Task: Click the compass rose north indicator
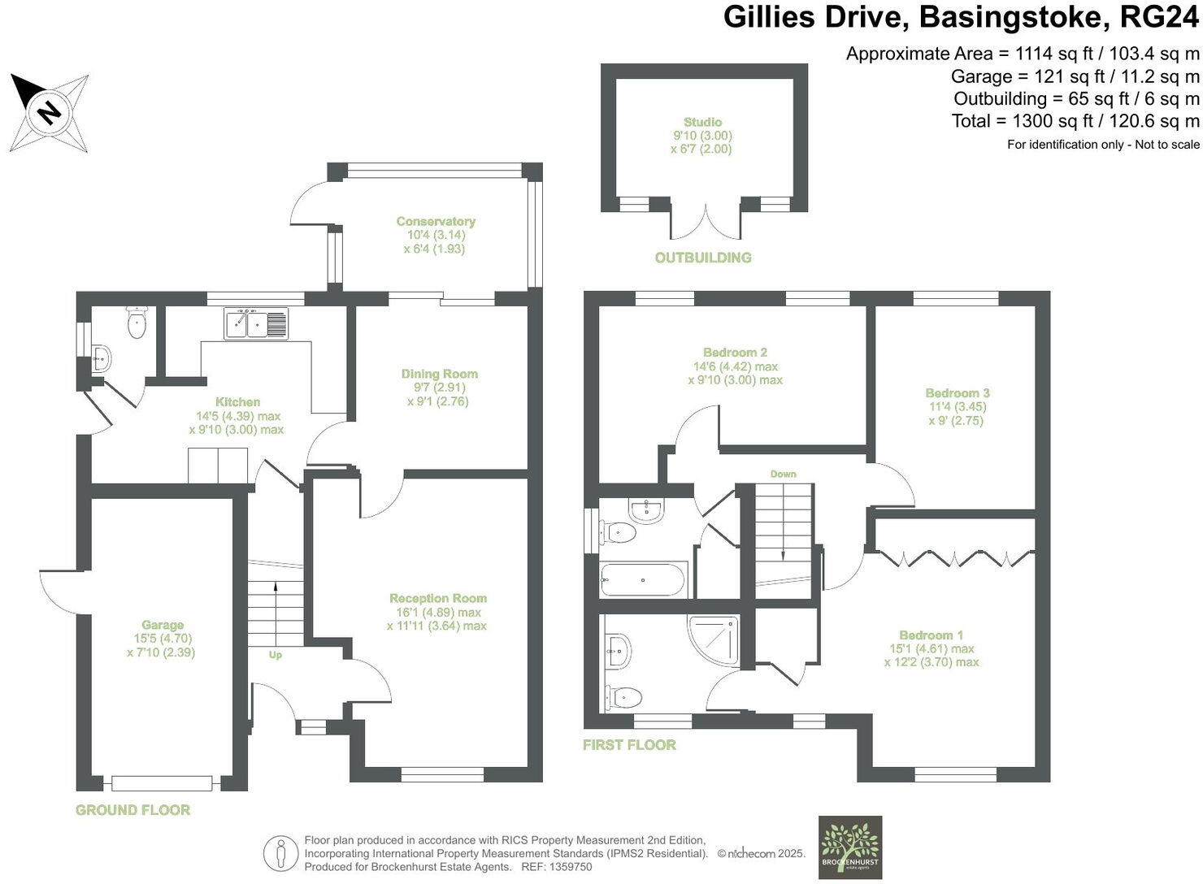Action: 50,111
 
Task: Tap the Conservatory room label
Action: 436,221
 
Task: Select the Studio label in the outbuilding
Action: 702,122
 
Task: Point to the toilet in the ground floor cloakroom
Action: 137,323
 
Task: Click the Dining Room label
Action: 439,374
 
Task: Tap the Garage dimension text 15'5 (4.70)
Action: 163,639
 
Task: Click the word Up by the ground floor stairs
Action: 276,655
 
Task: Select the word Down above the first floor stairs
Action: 783,474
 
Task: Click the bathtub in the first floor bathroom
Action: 644,579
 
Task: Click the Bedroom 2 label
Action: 735,353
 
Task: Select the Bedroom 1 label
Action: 931,635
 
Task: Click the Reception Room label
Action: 437,598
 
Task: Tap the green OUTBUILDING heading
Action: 703,258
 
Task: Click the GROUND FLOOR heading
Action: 132,810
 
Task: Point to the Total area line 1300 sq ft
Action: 1075,121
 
